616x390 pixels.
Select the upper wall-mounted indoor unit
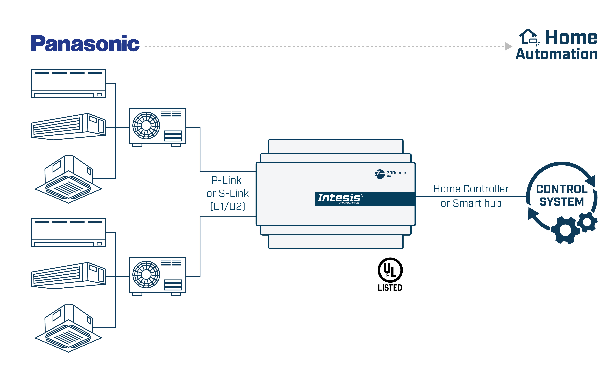pyautogui.click(x=68, y=83)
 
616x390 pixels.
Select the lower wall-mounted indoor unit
pyautogui.click(x=68, y=232)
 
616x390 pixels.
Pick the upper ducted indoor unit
pyautogui.click(x=68, y=127)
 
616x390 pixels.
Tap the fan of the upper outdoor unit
pyautogui.click(x=146, y=126)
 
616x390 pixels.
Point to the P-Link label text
pyautogui.click(x=226, y=180)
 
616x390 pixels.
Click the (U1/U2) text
pyautogui.click(x=227, y=206)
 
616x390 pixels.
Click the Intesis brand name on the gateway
pyautogui.click(x=339, y=198)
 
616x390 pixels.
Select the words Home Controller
pyautogui.click(x=471, y=189)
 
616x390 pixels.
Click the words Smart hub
pyautogui.click(x=477, y=203)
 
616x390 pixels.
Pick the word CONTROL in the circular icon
pyautogui.click(x=562, y=189)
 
